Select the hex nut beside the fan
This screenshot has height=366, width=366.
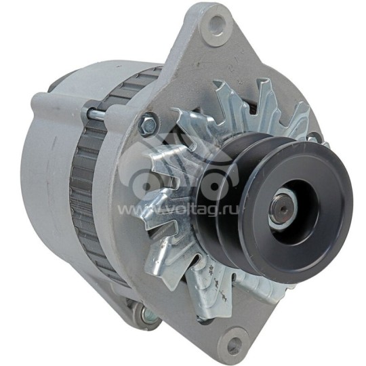point(147,125)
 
